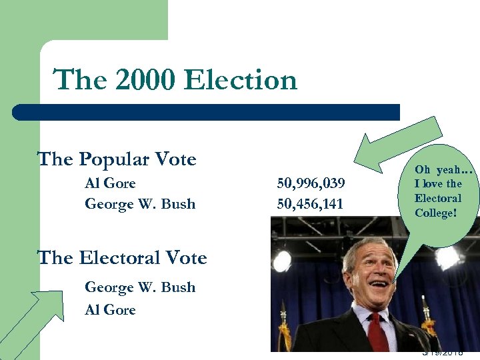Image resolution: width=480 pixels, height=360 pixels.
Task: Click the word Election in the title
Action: pyautogui.click(x=241, y=81)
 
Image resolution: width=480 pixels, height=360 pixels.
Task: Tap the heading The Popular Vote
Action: pyautogui.click(x=117, y=159)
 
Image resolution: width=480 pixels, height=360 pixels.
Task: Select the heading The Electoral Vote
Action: pyautogui.click(x=122, y=257)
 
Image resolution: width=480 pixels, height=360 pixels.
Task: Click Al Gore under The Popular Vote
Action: pyautogui.click(x=110, y=183)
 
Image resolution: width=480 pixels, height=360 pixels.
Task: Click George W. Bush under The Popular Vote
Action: pyautogui.click(x=140, y=204)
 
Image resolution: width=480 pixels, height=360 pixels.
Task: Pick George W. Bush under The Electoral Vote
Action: pyautogui.click(x=140, y=287)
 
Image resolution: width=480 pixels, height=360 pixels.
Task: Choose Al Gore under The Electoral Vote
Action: pyautogui.click(x=110, y=309)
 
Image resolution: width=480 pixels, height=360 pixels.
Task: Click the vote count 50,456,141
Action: pyautogui.click(x=310, y=204)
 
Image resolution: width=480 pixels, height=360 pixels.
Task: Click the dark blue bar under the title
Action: pyautogui.click(x=207, y=111)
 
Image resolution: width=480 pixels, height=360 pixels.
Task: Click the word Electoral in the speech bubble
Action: pyautogui.click(x=437, y=198)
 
